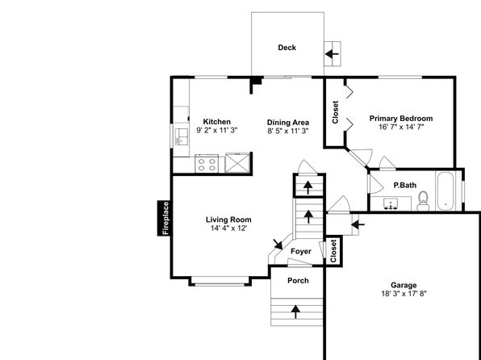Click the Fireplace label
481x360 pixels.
165,218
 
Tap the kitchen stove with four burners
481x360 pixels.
207,164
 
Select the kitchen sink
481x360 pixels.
181,137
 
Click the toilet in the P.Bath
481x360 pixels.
424,201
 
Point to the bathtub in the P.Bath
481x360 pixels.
445,191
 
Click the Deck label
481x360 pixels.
287,48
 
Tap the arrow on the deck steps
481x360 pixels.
332,54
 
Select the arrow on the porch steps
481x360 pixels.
295,312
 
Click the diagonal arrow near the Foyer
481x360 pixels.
278,245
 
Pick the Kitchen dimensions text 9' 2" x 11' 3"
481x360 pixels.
217,130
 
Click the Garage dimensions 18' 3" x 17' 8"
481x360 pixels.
404,294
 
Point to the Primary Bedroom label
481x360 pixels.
401,119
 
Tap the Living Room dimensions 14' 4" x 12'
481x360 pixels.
228,228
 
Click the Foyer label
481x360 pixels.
301,251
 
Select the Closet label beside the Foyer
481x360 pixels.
333,251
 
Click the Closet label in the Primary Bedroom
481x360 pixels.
335,112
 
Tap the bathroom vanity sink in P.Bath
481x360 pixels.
391,203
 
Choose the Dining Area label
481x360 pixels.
288,123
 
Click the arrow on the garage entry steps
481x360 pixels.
358,224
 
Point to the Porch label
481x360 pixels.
298,281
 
